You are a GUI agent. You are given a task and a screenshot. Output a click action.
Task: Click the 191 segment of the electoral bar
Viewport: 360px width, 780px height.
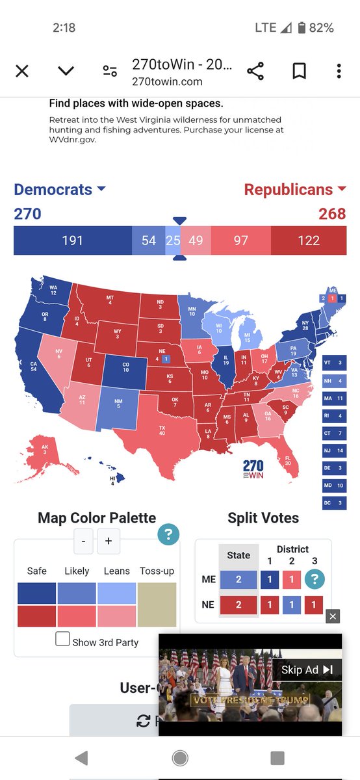click(x=72, y=240)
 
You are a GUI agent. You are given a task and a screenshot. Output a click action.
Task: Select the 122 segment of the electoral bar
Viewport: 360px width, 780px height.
click(x=309, y=240)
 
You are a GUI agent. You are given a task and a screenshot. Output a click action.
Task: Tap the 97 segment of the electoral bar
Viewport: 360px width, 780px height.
click(x=240, y=240)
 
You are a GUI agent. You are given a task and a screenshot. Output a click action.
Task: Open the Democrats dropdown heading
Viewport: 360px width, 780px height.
click(x=59, y=189)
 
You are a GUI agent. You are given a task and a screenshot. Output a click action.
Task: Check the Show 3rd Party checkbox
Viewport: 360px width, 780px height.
click(x=62, y=639)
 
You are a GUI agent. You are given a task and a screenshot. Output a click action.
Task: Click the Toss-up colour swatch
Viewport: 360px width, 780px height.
click(x=157, y=604)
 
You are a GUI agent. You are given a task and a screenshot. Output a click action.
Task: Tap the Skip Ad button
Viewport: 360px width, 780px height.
click(x=307, y=669)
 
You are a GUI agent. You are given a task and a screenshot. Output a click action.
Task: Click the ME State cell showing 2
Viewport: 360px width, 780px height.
click(x=238, y=580)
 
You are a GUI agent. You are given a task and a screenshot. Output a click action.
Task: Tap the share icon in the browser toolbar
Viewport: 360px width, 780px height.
click(x=255, y=70)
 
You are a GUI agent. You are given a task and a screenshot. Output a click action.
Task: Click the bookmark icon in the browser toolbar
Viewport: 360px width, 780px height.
click(x=298, y=70)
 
